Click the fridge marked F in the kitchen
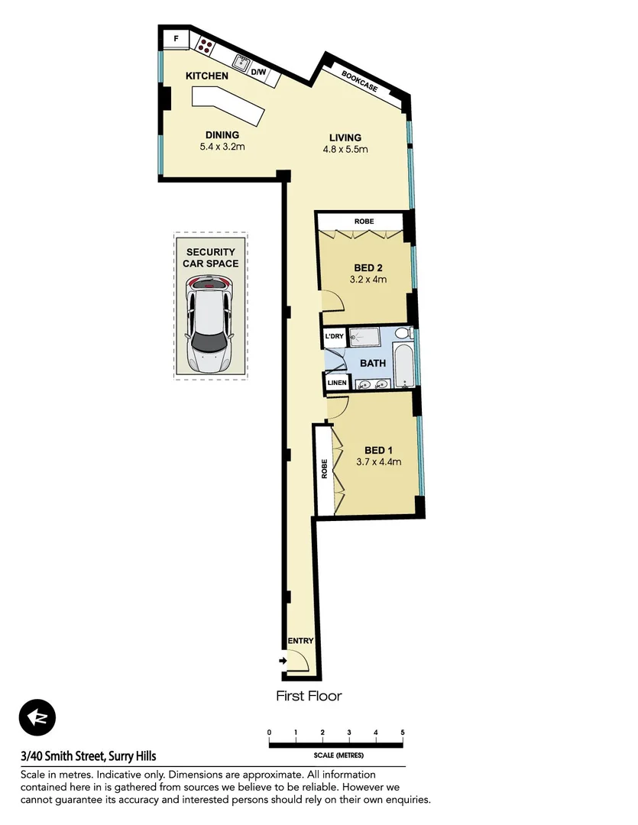click(x=175, y=39)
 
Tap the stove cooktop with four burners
click(x=206, y=45)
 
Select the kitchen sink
click(x=242, y=63)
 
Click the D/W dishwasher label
click(x=258, y=73)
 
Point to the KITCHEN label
click(x=206, y=76)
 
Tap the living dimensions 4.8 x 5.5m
click(x=345, y=150)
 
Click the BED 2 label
click(x=368, y=268)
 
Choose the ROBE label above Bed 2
click(x=364, y=222)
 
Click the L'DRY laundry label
click(x=334, y=337)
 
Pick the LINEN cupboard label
click(x=336, y=383)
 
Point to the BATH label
click(x=373, y=363)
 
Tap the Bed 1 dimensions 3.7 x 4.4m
click(x=378, y=461)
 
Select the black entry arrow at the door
click(x=283, y=661)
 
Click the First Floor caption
click(x=309, y=696)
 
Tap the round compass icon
click(x=37, y=718)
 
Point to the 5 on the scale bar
click(x=402, y=733)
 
